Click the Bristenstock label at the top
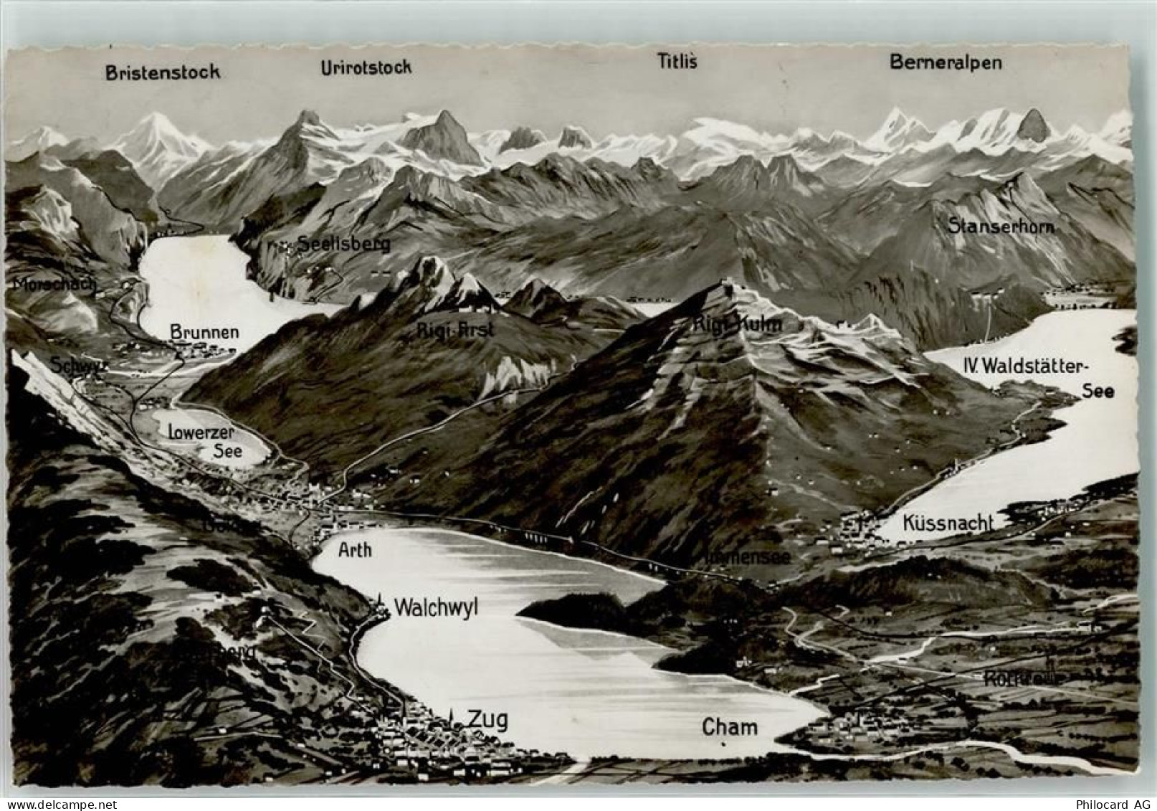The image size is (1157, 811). (163, 72)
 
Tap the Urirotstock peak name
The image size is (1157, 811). (366, 67)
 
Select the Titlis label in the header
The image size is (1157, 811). (677, 62)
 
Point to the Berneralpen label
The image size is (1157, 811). (946, 62)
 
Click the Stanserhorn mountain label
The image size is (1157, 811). (1001, 227)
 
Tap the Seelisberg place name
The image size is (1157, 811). (344, 244)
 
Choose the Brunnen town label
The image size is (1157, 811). (204, 333)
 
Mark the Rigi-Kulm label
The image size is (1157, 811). (737, 324)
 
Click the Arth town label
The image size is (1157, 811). (354, 550)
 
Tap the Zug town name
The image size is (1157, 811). (487, 718)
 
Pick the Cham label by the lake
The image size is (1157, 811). (730, 727)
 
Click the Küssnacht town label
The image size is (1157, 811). (948, 523)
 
